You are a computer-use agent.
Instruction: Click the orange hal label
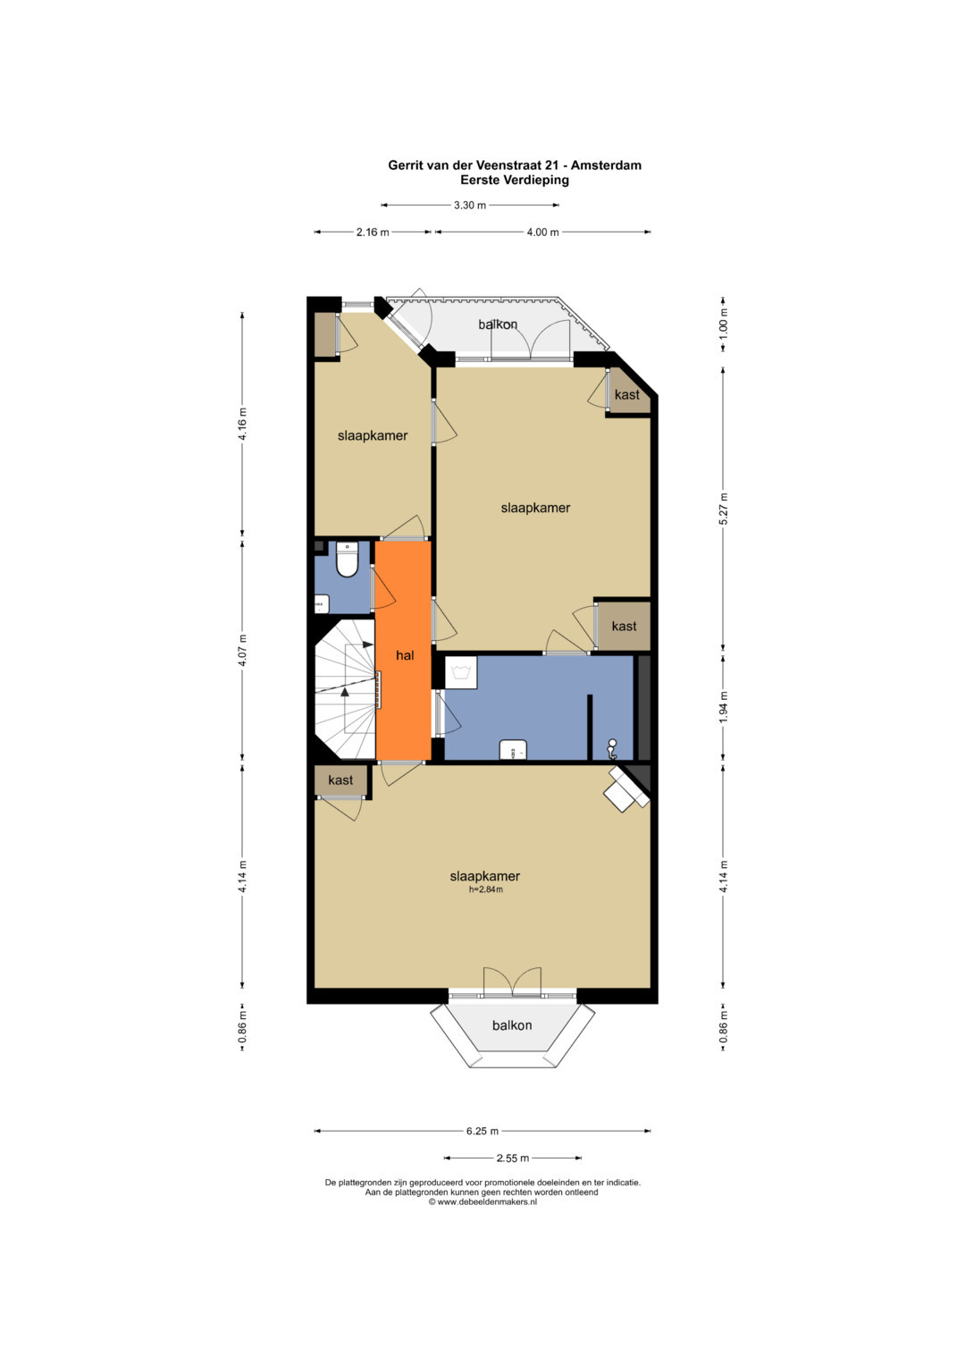405,655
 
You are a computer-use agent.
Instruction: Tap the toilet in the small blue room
348,560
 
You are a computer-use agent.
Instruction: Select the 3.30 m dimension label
470,206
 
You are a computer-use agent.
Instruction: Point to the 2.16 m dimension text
373,232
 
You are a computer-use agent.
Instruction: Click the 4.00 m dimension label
542,232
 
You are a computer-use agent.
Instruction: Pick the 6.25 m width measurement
482,1131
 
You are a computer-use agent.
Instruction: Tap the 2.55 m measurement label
512,1158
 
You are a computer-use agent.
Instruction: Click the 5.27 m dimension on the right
723,509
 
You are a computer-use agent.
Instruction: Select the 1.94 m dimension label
723,707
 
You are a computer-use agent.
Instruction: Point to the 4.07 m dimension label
242,650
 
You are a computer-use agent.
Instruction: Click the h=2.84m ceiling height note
485,889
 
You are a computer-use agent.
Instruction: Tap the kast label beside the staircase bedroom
340,780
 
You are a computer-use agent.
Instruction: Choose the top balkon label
498,324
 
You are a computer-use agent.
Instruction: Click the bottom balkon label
512,1025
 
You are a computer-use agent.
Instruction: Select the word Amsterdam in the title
605,165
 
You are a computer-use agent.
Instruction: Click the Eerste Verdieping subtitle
515,181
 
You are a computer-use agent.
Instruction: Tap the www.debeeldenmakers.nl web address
487,1201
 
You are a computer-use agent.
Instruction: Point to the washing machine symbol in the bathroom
460,673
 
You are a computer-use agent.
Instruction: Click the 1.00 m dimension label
723,324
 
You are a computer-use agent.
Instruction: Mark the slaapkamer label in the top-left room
373,435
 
